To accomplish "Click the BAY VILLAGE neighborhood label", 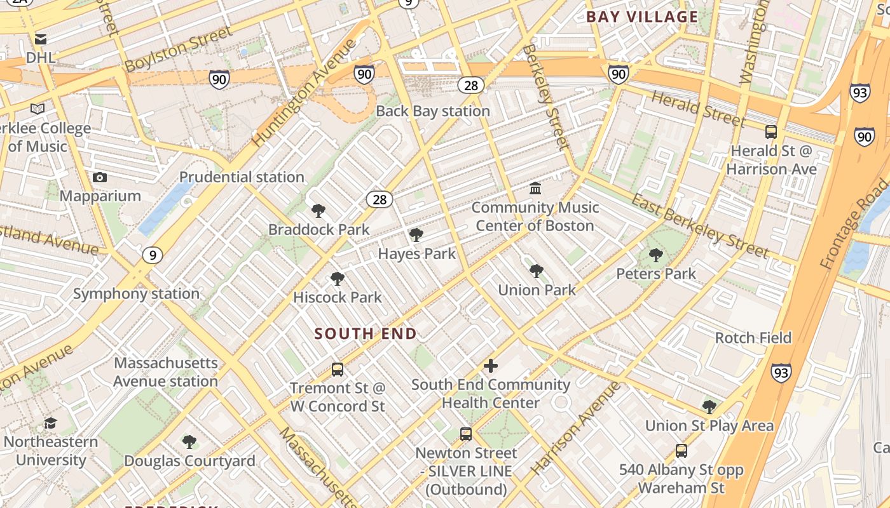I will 642,17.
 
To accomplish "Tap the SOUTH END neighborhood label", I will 366,333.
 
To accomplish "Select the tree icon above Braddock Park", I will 318,211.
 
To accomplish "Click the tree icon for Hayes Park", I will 416,236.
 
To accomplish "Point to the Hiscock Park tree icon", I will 338,279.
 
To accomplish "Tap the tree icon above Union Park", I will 537,271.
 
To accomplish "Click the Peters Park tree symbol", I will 656,255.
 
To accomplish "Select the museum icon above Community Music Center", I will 535,189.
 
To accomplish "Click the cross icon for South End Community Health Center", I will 490,366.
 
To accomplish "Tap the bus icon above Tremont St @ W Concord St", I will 338,369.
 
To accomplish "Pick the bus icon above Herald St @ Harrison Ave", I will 771,132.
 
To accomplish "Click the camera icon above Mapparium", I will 100,177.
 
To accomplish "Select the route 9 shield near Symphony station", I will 152,255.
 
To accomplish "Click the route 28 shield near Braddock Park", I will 380,199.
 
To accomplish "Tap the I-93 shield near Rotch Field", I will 781,373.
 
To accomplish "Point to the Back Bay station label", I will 433,111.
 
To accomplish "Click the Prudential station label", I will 242,177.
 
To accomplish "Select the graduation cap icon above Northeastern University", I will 50,423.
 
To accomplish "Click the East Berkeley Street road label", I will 700,226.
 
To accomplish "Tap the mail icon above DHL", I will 41,39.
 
